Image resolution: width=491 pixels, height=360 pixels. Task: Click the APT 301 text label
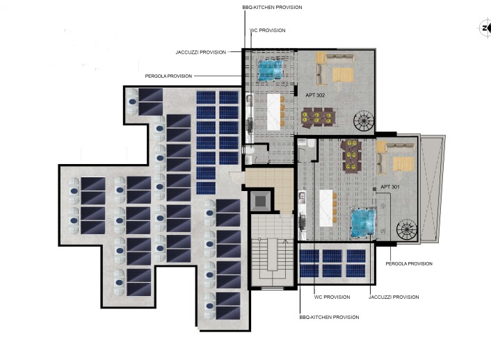coord(390,187)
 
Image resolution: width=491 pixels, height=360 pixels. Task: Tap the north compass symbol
coord(485,28)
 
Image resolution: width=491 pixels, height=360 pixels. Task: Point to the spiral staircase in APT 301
coord(406,229)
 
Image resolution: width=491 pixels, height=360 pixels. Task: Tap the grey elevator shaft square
coord(260,202)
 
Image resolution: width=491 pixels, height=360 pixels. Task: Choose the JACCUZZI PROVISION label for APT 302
coord(200,52)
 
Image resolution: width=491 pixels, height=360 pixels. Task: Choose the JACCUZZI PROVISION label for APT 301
coord(394,297)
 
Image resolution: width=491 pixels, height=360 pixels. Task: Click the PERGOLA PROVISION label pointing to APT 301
coord(409,263)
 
